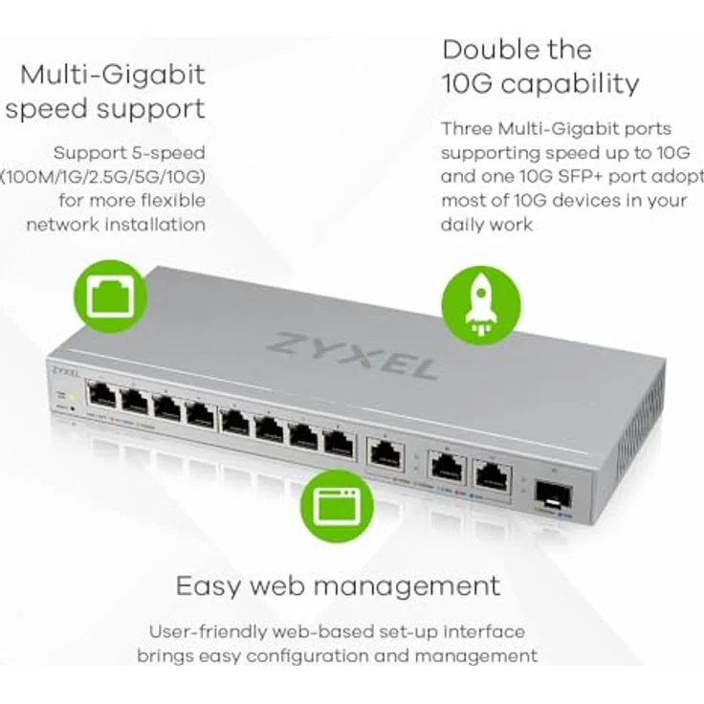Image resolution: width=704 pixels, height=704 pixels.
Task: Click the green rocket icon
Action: [480, 305]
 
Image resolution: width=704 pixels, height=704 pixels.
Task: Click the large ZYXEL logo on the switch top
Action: [353, 354]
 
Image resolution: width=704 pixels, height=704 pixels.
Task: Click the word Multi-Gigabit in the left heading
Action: [113, 74]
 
